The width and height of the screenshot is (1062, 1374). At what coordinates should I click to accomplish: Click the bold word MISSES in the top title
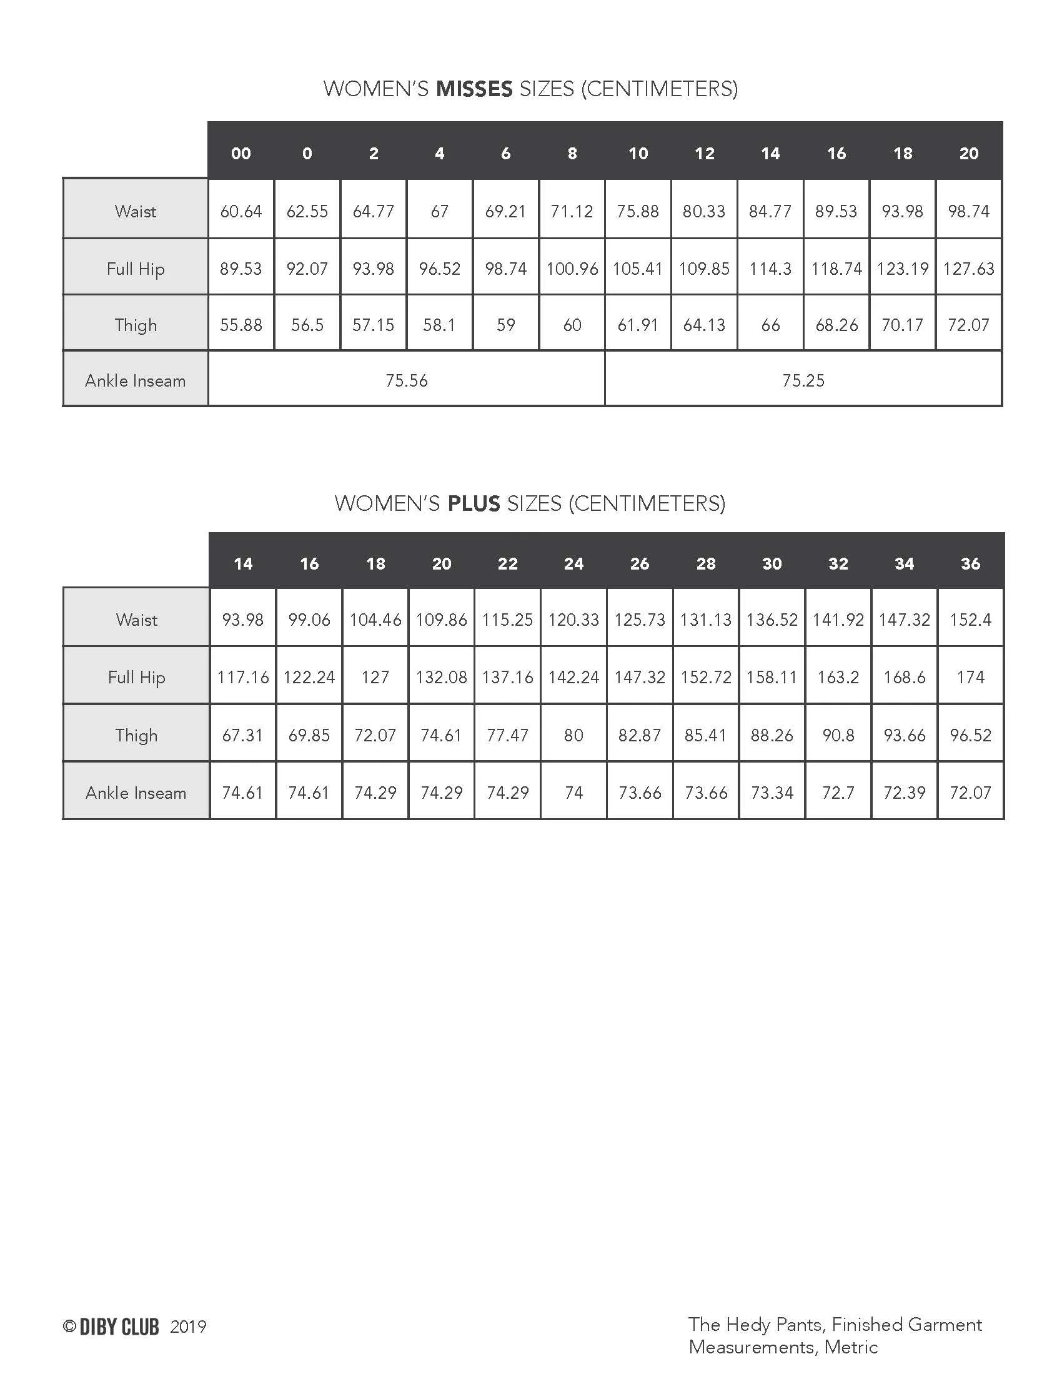point(474,89)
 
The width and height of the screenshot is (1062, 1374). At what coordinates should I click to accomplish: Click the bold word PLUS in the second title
point(473,503)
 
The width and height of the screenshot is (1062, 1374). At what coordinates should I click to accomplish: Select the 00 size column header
point(241,154)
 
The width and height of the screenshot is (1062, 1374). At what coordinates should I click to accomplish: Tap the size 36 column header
point(970,564)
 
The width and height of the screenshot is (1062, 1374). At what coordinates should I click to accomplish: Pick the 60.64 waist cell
point(241,211)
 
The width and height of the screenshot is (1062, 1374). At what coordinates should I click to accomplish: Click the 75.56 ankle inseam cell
point(407,380)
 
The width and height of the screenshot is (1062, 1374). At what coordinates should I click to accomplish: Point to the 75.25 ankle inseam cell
point(803,380)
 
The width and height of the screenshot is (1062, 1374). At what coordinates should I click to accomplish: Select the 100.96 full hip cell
point(572,269)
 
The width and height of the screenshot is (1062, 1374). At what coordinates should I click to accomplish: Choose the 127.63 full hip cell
point(968,269)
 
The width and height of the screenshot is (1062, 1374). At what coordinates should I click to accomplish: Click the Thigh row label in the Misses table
point(136,325)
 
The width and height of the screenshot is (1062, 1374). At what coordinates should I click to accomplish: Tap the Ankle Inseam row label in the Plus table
point(136,793)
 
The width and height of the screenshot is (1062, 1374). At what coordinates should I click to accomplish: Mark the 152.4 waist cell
point(970,620)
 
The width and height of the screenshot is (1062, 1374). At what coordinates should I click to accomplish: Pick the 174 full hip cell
point(970,678)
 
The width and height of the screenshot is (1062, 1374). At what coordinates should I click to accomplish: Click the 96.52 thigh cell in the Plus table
point(970,736)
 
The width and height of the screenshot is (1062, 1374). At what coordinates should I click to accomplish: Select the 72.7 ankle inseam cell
point(838,793)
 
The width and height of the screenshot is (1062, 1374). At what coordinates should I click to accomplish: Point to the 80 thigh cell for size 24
point(573,736)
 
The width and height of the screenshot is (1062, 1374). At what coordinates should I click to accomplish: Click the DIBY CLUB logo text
point(119,1327)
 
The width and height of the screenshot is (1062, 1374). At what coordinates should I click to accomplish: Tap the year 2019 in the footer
point(188,1327)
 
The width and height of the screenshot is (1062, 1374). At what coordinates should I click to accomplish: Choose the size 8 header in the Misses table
point(572,154)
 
